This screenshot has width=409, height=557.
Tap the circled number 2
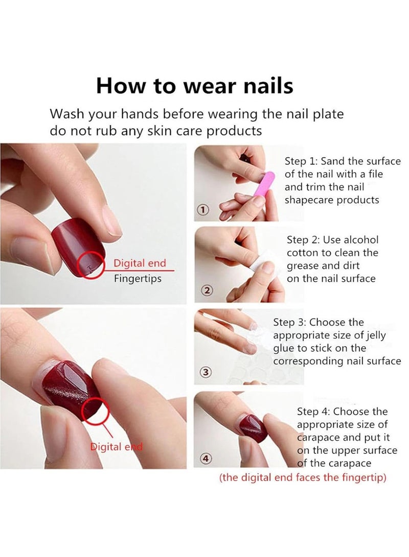(x=207, y=290)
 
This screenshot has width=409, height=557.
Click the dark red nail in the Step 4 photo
(x=253, y=428)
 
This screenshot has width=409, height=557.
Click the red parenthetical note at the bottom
(x=302, y=478)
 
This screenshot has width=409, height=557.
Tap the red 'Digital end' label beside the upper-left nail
(x=140, y=263)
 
